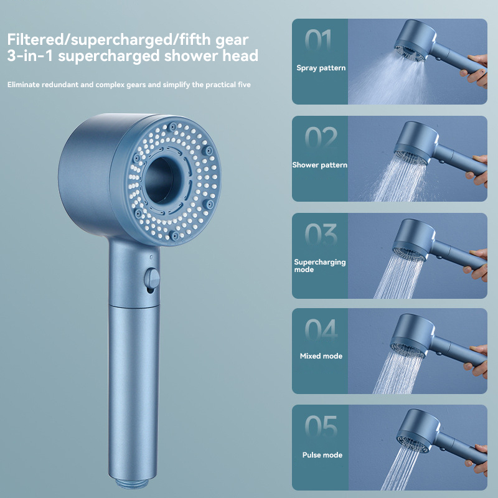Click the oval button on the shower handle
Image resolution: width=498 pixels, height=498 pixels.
tap(151, 278)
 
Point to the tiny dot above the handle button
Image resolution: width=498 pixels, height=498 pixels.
tap(152, 256)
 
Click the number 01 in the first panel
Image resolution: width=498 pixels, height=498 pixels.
tap(320, 40)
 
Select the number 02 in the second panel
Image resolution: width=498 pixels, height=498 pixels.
tap(320, 138)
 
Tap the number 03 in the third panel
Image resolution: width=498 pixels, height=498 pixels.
tap(320, 235)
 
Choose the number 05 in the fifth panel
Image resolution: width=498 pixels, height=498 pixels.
tap(320, 428)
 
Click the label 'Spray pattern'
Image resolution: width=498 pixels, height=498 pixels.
tap(321, 67)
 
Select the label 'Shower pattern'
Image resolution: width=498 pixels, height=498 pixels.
tap(320, 165)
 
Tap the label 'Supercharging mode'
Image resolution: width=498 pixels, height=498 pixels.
tap(320, 266)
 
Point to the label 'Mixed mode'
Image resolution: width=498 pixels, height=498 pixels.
tap(320, 356)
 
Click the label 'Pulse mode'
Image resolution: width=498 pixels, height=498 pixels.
tap(322, 455)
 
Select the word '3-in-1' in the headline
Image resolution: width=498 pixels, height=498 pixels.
tap(27, 56)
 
